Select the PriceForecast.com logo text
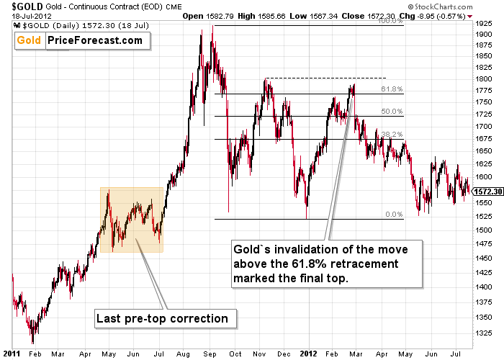coord(95,40)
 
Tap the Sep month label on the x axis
coord(210,354)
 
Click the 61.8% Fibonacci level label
coord(392,89)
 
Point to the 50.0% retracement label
coord(392,112)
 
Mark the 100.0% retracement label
coord(391,21)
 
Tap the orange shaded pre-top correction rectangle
coord(132,220)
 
